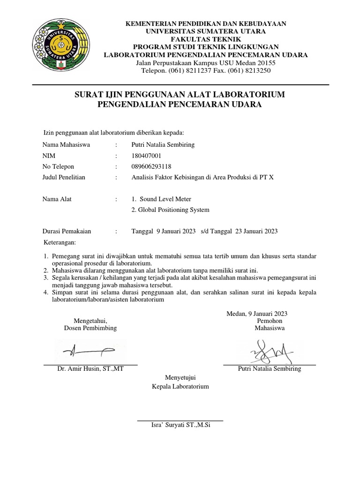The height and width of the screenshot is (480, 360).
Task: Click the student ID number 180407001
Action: click(147, 155)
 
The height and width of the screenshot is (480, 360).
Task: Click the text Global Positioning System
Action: click(171, 210)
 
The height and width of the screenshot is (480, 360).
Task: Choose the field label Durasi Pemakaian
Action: click(67, 231)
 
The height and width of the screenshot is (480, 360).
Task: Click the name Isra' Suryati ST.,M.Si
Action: click(180, 425)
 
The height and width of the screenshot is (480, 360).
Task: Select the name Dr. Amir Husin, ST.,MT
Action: click(90, 369)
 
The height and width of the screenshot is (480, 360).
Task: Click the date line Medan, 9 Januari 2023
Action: click(257, 314)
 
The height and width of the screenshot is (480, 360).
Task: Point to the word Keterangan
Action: click(59, 242)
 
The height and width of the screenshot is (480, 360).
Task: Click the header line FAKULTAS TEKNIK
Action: click(206, 39)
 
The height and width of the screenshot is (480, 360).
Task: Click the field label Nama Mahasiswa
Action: click(66, 144)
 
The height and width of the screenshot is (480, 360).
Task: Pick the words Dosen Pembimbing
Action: click(90, 328)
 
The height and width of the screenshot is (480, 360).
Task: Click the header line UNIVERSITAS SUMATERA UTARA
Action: click(206, 31)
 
